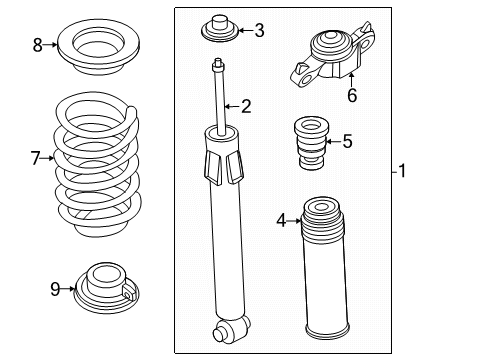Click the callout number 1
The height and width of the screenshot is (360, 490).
(x=402, y=171)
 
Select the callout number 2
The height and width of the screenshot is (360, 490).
(x=246, y=105)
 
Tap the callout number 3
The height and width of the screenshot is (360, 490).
(x=259, y=30)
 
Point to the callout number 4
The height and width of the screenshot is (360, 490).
(x=281, y=219)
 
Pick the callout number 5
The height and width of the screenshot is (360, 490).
(x=347, y=141)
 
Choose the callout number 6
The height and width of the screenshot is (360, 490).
(x=351, y=96)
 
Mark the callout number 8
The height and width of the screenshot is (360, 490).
(x=38, y=44)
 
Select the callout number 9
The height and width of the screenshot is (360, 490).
(x=55, y=290)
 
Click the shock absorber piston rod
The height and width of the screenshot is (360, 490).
(x=219, y=100)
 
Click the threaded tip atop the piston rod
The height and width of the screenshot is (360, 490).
(x=216, y=65)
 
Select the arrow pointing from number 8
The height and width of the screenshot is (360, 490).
(x=51, y=44)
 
